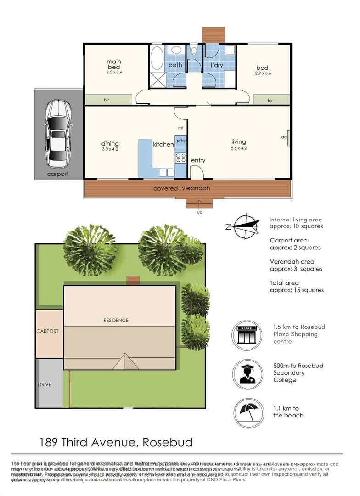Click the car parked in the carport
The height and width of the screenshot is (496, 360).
(57, 133)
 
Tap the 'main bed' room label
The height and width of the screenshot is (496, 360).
(114, 64)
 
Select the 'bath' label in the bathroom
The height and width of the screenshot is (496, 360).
(175, 65)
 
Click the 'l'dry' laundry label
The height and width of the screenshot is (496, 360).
(216, 65)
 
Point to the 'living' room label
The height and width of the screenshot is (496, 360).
(239, 142)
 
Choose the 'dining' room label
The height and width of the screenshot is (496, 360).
(110, 144)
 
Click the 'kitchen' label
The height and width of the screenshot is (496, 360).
(163, 144)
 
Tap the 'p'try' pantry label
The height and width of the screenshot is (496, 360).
(181, 141)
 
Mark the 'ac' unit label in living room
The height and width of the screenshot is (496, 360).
(284, 137)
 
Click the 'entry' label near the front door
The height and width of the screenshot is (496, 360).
(198, 160)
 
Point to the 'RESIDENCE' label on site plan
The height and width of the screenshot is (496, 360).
(116, 320)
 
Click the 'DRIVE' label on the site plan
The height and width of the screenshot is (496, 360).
(44, 384)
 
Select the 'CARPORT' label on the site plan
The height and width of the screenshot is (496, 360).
(48, 331)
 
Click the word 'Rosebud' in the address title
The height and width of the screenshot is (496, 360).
(167, 443)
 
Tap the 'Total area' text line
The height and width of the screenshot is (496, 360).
(284, 283)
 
